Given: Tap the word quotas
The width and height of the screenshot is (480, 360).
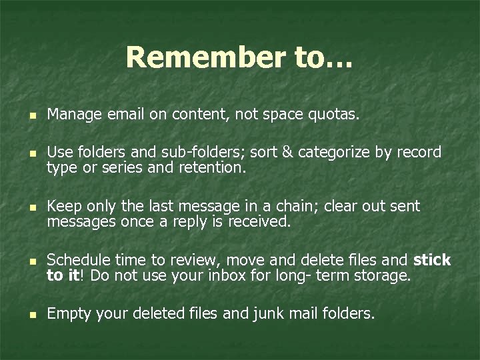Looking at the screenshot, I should click(x=336, y=116).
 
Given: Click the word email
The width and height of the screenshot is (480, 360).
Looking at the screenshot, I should click(x=125, y=116).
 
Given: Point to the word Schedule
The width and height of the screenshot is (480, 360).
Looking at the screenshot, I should click(x=77, y=259).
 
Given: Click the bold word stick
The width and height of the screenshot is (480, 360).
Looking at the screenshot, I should click(x=432, y=259).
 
